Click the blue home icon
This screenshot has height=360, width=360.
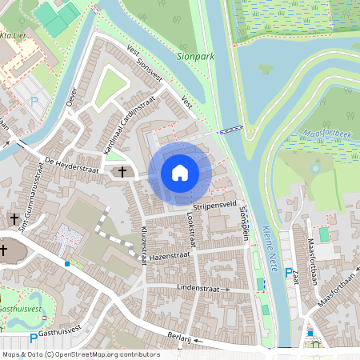tap(180, 172)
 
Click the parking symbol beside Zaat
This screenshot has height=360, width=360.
tap(289, 273)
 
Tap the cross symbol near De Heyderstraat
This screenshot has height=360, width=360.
tap(122, 172)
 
